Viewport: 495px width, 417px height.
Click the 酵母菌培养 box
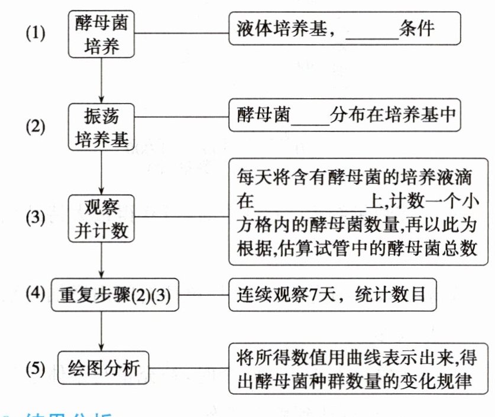click(x=102, y=35)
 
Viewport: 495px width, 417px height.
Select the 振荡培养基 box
click(x=102, y=126)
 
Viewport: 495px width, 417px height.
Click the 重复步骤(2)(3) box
click(x=116, y=294)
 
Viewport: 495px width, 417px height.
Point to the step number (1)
click(x=35, y=34)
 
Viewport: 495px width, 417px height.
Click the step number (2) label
click(x=35, y=127)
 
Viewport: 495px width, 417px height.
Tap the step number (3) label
click(x=35, y=217)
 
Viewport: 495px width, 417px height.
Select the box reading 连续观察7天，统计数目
click(x=332, y=294)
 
